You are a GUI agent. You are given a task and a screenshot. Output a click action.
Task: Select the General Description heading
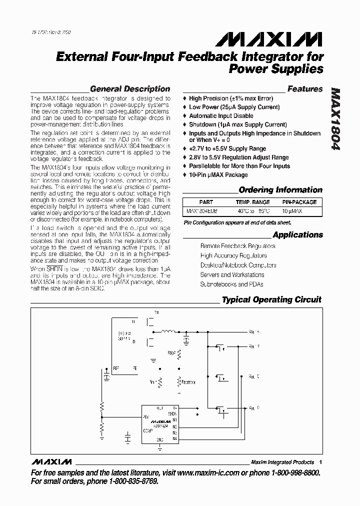coord(129,89)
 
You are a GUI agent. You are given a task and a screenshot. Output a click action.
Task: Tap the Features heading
coord(305,89)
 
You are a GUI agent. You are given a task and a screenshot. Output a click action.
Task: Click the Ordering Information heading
coord(280,190)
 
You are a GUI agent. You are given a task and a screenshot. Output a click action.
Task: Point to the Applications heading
coord(297,235)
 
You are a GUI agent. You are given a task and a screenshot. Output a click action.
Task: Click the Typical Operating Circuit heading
coord(271,300)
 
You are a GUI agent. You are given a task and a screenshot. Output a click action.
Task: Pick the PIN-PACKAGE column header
coord(299,202)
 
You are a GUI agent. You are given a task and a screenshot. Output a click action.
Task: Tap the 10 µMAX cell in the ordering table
coord(299,211)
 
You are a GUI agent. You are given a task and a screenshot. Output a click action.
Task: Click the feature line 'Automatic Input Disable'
coord(221,116)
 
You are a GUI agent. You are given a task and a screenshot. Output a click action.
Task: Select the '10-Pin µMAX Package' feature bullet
coord(218,175)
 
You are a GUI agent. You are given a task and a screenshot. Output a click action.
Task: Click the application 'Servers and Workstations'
coord(232,275)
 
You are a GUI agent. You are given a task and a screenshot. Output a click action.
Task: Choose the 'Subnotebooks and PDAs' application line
coord(231,284)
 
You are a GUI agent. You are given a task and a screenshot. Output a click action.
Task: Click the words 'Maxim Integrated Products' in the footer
coord(282,462)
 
